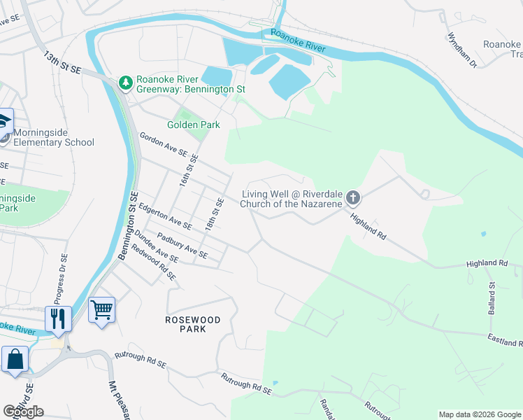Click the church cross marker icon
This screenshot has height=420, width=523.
pyautogui.click(x=353, y=198)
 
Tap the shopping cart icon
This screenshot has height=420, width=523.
pyautogui.click(x=102, y=309)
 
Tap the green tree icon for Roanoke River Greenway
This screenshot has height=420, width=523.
pyautogui.click(x=126, y=83)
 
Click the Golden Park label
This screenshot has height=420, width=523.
pyautogui.click(x=193, y=125)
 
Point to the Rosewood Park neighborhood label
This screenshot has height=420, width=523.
pyautogui.click(x=192, y=324)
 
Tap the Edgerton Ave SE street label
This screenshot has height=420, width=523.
pyautogui.click(x=165, y=216)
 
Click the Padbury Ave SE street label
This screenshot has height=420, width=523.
pyautogui.click(x=182, y=244)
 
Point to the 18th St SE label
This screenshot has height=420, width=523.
pyautogui.click(x=215, y=216)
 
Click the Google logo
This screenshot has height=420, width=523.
pyautogui.click(x=23, y=412)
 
